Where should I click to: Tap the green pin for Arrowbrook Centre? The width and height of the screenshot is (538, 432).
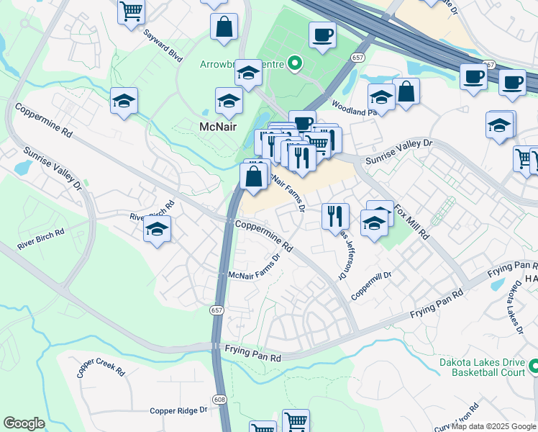pyautogui.click(x=294, y=65)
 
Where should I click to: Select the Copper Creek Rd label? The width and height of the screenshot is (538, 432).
pyautogui.click(x=101, y=365)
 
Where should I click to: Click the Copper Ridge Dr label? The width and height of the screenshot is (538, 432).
pyautogui.click(x=178, y=410)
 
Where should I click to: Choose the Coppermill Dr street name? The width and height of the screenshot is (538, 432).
pyautogui.click(x=371, y=286)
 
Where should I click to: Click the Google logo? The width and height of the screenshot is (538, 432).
pyautogui.click(x=24, y=423)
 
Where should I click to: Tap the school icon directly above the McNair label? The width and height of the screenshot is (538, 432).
pyautogui.click(x=229, y=101)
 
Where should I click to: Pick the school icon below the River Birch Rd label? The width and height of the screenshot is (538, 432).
pyautogui.click(x=156, y=230)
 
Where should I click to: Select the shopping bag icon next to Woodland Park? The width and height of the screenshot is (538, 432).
pyautogui.click(x=406, y=91)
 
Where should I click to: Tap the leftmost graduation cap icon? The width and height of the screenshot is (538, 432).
pyautogui.click(x=124, y=101)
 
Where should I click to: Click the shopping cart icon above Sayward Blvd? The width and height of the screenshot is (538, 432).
pyautogui.click(x=132, y=10)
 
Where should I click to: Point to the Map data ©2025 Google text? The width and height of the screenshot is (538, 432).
pyautogui.click(x=493, y=426)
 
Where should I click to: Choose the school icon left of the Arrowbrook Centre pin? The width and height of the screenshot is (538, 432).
pyautogui.click(x=249, y=73)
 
